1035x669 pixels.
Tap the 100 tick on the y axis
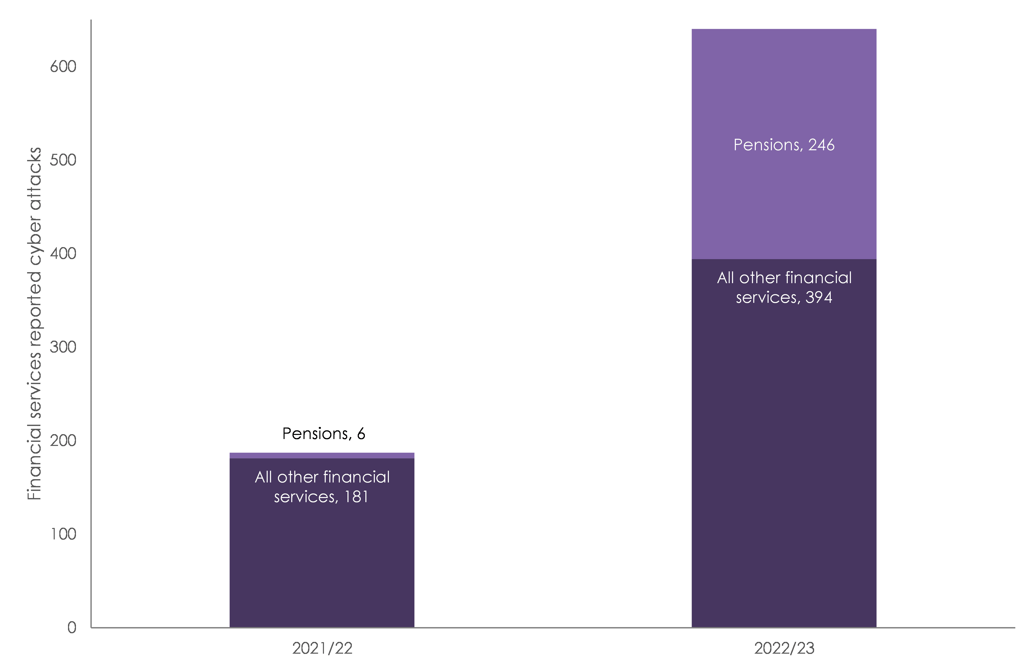63,534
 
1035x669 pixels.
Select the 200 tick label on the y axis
63,441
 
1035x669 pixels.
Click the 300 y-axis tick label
63,347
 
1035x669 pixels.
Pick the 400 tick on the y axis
63,253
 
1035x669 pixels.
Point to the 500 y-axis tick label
63,160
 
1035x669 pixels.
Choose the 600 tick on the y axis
63,66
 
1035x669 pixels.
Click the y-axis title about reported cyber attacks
34,324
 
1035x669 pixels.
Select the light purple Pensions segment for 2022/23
784,209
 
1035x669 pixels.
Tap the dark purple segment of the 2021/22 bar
322,565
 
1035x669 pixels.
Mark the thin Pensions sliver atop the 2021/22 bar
322,455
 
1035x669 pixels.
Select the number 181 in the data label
356,497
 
